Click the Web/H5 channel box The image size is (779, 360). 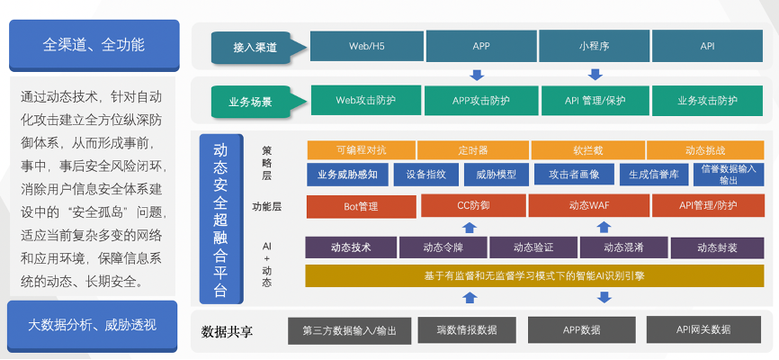coord(367,46)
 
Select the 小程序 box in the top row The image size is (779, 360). coord(594,46)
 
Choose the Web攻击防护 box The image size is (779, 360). coord(365,101)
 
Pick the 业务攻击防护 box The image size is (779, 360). coord(707,101)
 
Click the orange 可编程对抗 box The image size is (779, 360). coord(362,149)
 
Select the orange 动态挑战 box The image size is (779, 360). coord(705,149)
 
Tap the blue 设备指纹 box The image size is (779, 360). coord(425,175)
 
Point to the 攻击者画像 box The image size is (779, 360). coord(574,175)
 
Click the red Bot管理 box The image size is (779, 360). coord(362,206)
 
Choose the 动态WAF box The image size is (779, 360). coord(588,205)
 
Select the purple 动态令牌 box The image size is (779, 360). coord(443,247)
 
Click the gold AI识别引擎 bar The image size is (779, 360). coord(534,276)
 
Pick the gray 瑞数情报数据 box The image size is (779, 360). coord(467,329)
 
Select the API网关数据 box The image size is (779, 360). coord(703,329)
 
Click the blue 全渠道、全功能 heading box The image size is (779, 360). coord(94,45)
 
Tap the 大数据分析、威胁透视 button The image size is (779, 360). coord(93,326)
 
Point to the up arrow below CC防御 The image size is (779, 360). coord(470,227)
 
